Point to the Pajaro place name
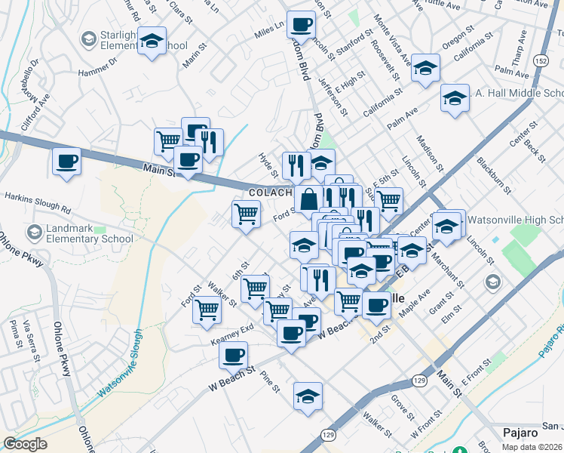pos(520,433)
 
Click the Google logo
pos(25,444)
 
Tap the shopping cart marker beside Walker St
pos(207,309)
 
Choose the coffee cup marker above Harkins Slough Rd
pos(66,161)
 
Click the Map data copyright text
pos(538,447)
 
